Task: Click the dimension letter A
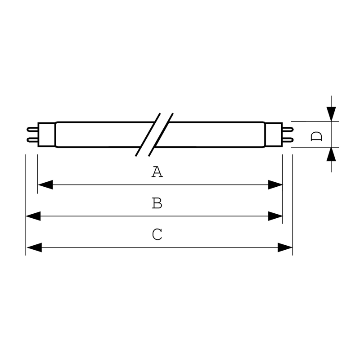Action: [x=157, y=172]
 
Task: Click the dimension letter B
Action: [x=157, y=203]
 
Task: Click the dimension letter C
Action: [x=157, y=234]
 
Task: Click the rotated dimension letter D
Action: [x=316, y=136]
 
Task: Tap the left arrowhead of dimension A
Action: [x=45, y=184]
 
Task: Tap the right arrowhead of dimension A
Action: [x=275, y=184]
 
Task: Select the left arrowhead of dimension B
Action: [x=33, y=216]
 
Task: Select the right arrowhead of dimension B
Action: [x=275, y=216]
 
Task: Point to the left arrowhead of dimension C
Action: [x=35, y=247]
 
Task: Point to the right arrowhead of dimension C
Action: [x=285, y=247]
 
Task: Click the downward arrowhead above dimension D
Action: [x=331, y=114]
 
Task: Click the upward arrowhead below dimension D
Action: [x=331, y=154]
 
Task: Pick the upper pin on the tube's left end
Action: [x=32, y=130]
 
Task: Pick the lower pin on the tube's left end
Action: [x=32, y=140]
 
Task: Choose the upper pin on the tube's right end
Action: [x=288, y=130]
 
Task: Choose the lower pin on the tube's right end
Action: [x=288, y=140]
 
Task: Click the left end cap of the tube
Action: [x=47, y=135]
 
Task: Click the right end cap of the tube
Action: [x=274, y=135]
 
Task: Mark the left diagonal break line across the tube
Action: [x=148, y=135]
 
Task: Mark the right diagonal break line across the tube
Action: [x=161, y=135]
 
